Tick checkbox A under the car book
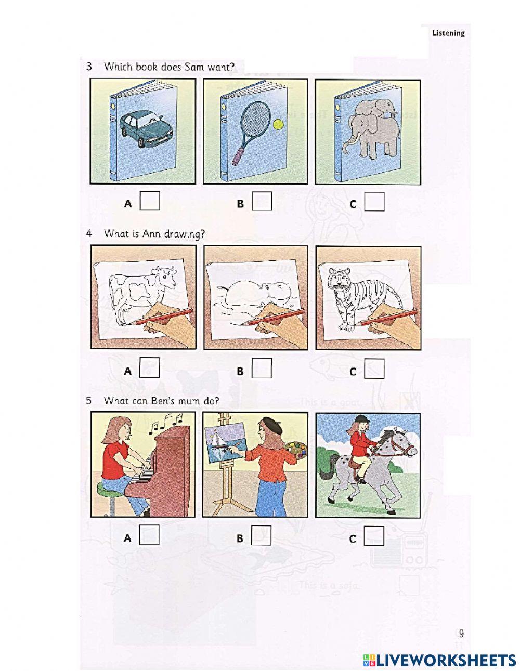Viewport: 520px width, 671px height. [150, 202]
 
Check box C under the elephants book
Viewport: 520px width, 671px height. [374, 202]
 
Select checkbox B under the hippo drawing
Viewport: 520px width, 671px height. [262, 369]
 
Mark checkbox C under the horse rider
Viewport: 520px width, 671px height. [374, 536]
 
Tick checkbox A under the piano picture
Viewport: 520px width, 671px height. [150, 536]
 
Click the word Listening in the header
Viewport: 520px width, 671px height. [448, 33]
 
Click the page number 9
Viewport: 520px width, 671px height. [461, 633]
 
